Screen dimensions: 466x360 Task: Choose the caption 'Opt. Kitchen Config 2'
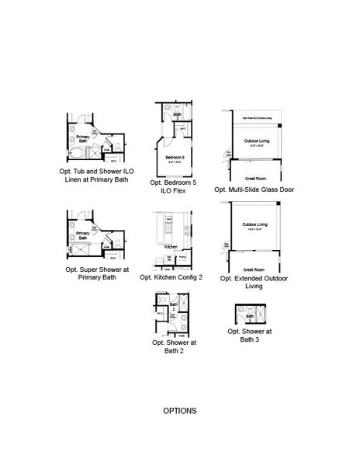pyautogui.click(x=173, y=277)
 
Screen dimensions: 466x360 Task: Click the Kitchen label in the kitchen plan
pyautogui.click(x=171, y=246)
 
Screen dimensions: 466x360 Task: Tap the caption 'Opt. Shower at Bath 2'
pyautogui.click(x=176, y=346)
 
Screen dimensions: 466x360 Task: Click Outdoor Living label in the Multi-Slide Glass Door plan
pyautogui.click(x=251, y=141)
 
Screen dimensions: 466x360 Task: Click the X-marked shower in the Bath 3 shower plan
pyautogui.click(x=261, y=316)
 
